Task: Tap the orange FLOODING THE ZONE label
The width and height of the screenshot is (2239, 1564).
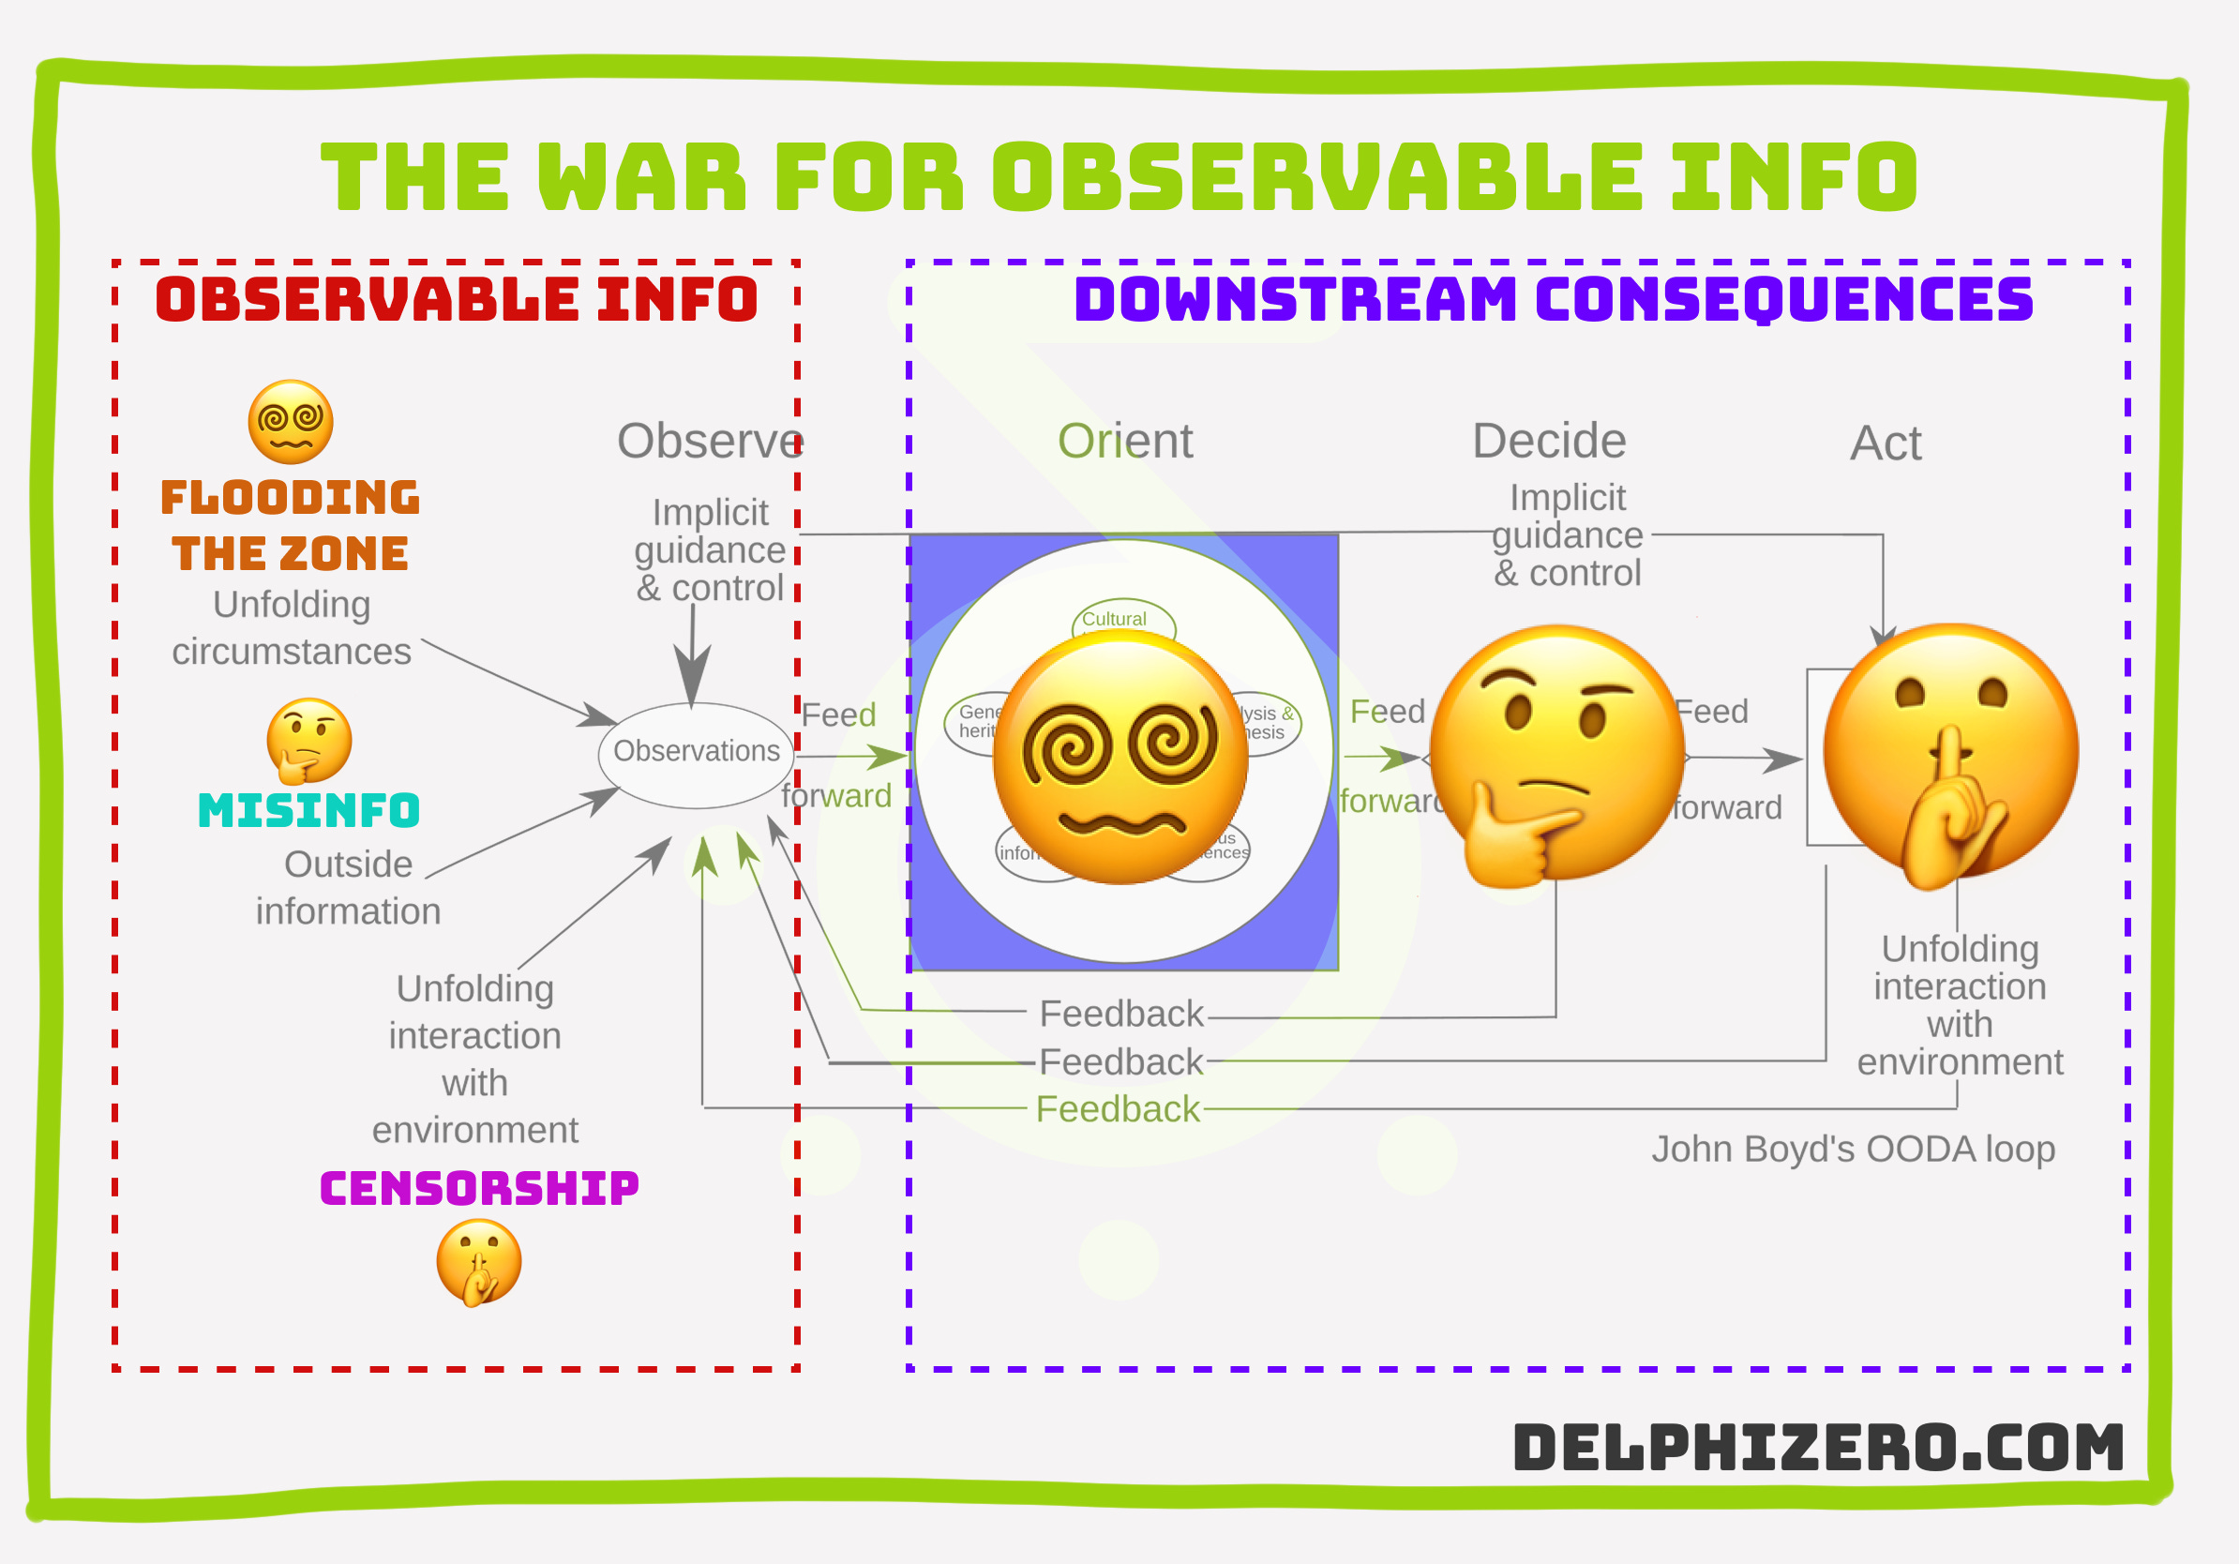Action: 290,524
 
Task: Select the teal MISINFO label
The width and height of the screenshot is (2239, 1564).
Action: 308,810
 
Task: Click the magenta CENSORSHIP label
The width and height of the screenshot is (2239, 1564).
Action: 479,1188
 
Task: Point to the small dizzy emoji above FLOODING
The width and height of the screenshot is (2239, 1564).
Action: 291,421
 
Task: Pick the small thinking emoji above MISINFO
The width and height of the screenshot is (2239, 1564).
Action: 309,740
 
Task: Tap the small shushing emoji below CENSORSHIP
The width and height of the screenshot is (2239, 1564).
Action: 479,1263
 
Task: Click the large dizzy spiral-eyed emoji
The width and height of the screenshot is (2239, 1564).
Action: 1120,758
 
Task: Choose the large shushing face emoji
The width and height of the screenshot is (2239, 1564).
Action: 1950,753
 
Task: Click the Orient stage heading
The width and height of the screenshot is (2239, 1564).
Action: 1124,441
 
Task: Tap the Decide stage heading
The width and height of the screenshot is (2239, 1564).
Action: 1549,441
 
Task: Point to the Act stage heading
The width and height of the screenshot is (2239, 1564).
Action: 1885,443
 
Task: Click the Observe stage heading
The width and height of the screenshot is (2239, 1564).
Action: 710,441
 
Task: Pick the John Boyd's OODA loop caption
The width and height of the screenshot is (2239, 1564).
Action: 1853,1149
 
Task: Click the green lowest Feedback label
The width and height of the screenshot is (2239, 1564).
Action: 1118,1109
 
